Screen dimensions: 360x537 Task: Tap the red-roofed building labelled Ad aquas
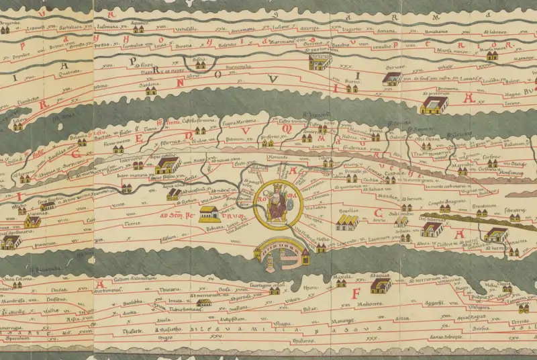(x=381, y=286)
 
